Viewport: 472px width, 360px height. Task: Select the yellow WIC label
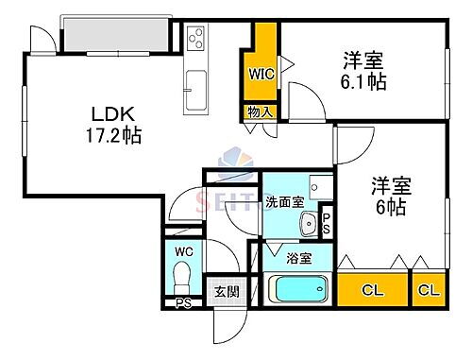click(261, 73)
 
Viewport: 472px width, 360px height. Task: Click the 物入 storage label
click(261, 112)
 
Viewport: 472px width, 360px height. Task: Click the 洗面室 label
click(283, 201)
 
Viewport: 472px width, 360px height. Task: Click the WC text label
click(183, 251)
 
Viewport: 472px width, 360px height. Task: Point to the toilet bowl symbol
click(183, 278)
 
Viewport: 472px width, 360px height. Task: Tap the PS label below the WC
click(182, 304)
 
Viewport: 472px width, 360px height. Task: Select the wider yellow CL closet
click(372, 289)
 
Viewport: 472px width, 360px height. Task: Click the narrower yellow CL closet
click(427, 289)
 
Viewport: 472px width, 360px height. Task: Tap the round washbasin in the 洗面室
click(307, 225)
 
